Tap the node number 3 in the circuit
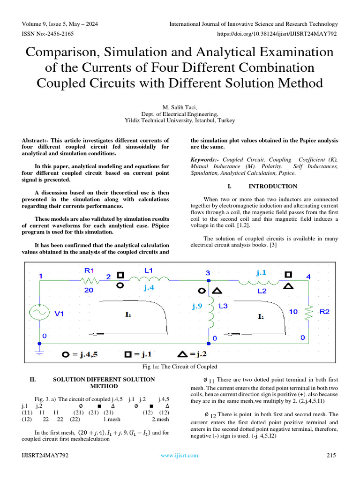[x=207, y=272]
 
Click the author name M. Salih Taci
[x=180, y=107]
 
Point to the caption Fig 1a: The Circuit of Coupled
[x=180, y=366]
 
